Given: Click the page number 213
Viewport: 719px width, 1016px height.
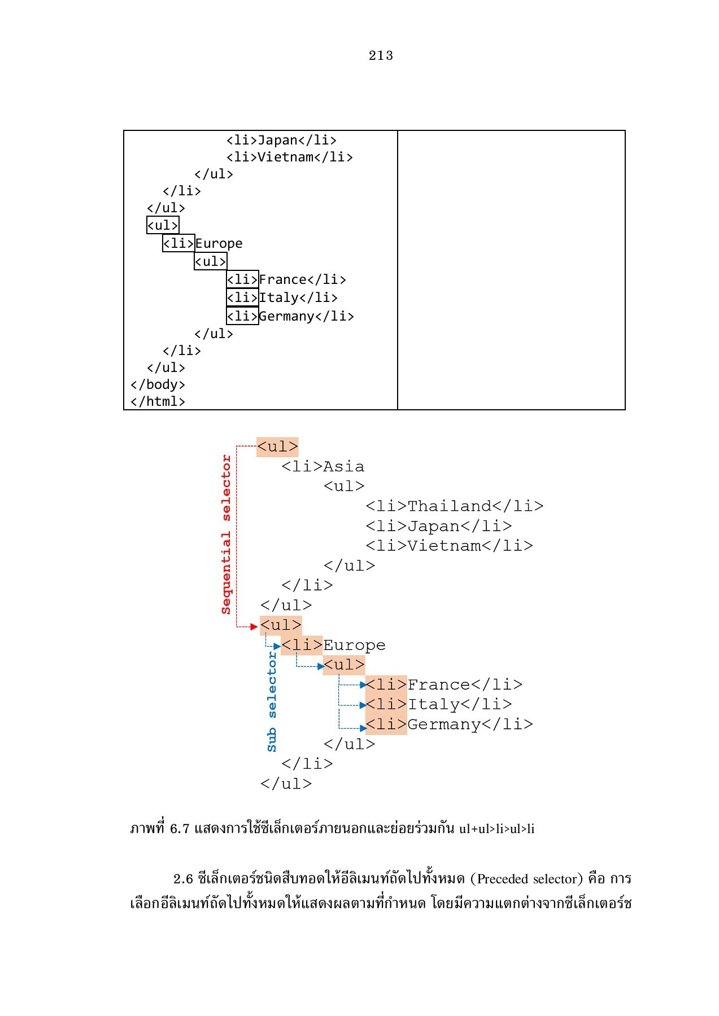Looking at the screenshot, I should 381,55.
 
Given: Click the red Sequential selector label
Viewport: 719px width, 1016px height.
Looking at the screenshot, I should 226,534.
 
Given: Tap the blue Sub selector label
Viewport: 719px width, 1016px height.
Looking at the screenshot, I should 272,702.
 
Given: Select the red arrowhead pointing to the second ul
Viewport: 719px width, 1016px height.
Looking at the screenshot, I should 254,627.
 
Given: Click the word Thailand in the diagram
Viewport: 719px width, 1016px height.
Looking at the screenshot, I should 449,506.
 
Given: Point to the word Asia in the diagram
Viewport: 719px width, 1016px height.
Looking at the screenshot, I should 343,467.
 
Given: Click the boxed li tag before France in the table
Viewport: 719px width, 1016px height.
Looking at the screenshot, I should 242,279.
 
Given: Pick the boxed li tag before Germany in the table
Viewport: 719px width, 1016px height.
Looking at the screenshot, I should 242,316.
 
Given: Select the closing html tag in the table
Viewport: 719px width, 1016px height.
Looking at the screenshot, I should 158,401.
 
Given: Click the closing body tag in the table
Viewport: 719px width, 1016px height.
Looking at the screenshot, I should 158,384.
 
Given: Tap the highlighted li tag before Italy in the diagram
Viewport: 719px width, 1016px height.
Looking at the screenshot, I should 386,704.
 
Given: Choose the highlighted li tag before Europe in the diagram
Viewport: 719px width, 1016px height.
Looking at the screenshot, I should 302,645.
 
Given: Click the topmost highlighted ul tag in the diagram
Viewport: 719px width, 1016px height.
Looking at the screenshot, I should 277,447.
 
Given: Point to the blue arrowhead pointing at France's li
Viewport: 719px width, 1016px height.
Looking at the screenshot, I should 363,685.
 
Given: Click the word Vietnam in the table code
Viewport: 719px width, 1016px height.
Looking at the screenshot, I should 285,157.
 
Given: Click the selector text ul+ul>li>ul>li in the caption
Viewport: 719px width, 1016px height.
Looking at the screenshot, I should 498,829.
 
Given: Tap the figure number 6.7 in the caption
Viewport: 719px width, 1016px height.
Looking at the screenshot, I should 179,829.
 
